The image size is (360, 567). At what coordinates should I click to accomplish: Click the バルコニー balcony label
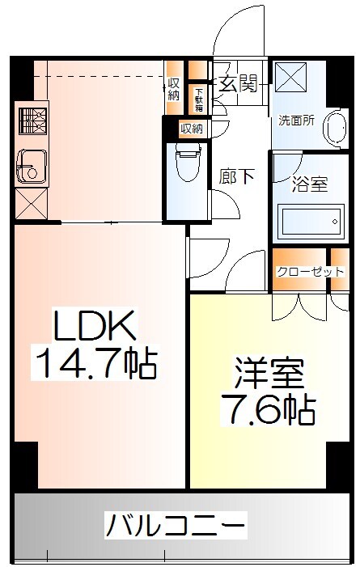[x=175, y=527]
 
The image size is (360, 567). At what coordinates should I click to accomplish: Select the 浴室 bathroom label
[x=309, y=184]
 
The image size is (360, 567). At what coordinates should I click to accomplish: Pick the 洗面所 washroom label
[x=296, y=121]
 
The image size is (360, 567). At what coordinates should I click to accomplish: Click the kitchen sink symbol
[x=31, y=167]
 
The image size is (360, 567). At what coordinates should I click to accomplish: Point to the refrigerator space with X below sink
[x=31, y=202]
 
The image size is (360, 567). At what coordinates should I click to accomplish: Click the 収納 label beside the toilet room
[x=191, y=128]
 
